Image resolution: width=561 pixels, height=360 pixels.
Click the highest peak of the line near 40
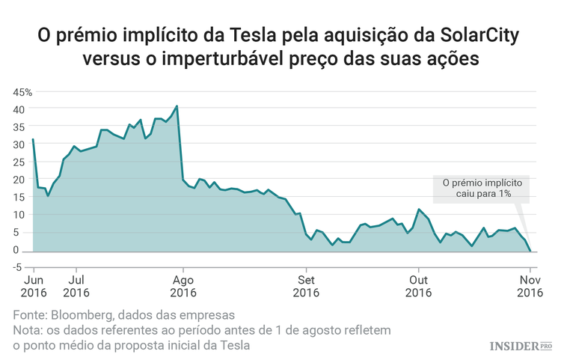pyautogui.click(x=177, y=106)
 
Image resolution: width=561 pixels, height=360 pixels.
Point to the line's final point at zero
pyautogui.click(x=530, y=250)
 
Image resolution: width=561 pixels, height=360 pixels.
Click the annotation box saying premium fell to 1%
pyautogui.click(x=482, y=188)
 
